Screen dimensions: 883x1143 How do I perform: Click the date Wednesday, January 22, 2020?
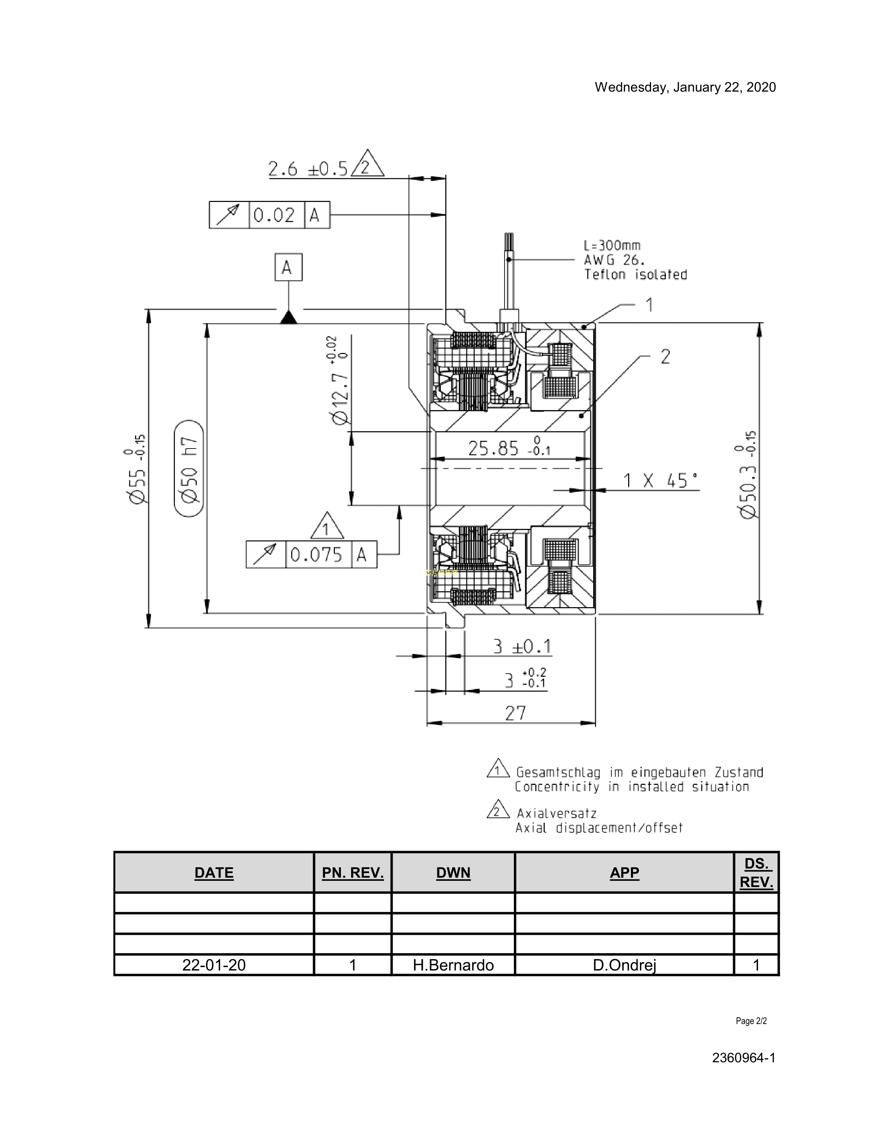point(685,87)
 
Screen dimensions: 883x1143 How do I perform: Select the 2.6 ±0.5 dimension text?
point(308,169)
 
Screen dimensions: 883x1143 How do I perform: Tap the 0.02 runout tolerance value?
point(274,215)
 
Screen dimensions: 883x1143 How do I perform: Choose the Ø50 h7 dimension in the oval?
point(189,468)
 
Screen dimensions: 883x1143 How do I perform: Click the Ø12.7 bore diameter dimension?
point(338,380)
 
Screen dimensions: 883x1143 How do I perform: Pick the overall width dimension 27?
point(515,713)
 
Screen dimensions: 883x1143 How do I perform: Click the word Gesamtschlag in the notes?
point(558,772)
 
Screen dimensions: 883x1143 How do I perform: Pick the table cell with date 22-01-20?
point(214,965)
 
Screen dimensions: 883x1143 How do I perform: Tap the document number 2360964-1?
point(743,1058)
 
